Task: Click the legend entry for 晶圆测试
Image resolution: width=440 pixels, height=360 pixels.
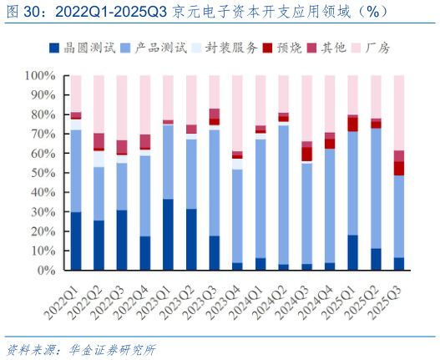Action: tap(79, 48)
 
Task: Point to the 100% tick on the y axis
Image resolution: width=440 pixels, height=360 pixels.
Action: tap(42, 75)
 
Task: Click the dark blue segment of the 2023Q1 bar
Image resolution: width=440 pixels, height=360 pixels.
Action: tap(168, 235)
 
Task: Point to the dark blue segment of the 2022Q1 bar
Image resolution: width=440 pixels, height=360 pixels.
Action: tap(76, 241)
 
